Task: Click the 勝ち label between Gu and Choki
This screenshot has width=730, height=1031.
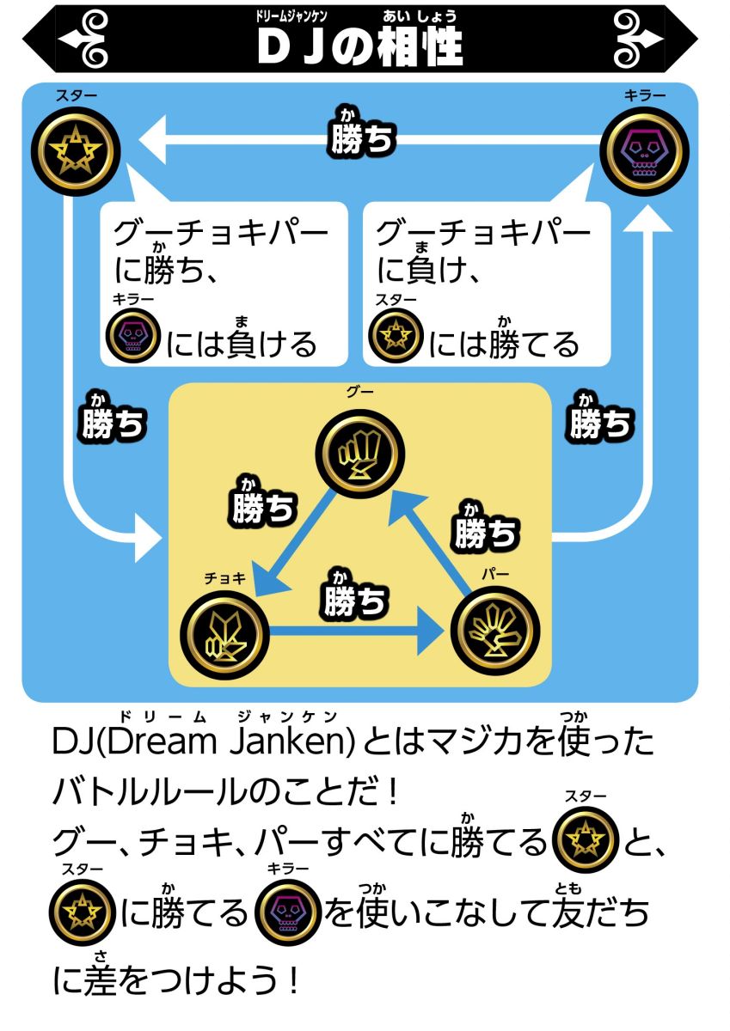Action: pos(264,505)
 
